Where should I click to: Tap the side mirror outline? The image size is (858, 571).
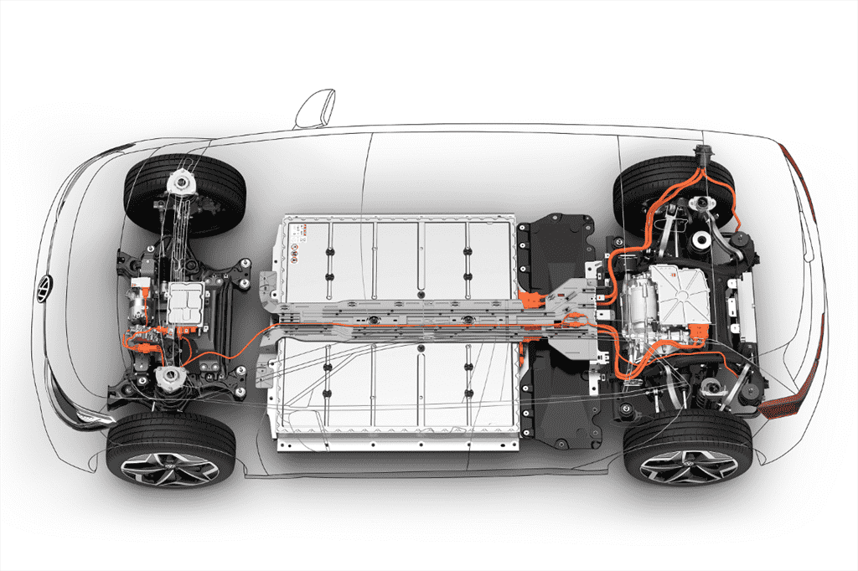(x=316, y=109)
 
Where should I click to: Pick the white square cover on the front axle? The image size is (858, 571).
(x=186, y=302)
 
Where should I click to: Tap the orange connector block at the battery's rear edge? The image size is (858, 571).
(x=530, y=297)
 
